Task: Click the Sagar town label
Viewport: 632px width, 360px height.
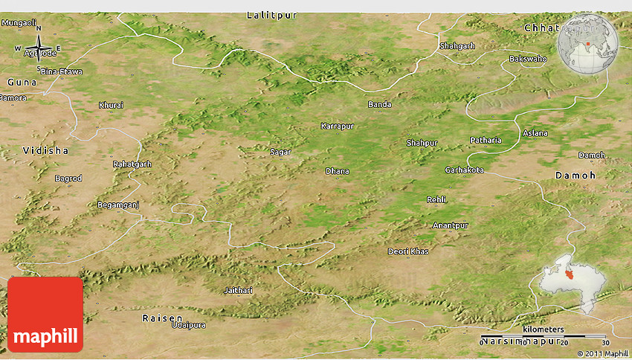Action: [280, 152]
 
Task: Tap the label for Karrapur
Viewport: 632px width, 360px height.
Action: [337, 126]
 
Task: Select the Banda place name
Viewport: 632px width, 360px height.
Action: [379, 104]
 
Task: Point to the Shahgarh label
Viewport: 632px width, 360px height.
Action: [457, 45]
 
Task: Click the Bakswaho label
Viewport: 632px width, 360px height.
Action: [527, 59]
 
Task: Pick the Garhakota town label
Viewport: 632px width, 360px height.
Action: [464, 170]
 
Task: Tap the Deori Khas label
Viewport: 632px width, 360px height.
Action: [408, 251]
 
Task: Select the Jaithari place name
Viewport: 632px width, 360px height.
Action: [238, 289]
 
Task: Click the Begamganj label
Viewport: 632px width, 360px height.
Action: [118, 204]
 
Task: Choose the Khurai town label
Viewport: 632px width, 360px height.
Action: [111, 105]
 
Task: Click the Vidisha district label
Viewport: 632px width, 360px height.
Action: [45, 150]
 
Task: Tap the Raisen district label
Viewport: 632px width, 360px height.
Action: [161, 318]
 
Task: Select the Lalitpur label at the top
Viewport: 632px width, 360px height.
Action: [265, 15]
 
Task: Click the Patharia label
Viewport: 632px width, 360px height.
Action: [486, 140]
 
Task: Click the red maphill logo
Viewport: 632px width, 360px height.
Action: [45, 314]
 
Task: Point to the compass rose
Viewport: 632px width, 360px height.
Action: [38, 49]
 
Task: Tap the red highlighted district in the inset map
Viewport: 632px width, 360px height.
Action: [570, 274]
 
